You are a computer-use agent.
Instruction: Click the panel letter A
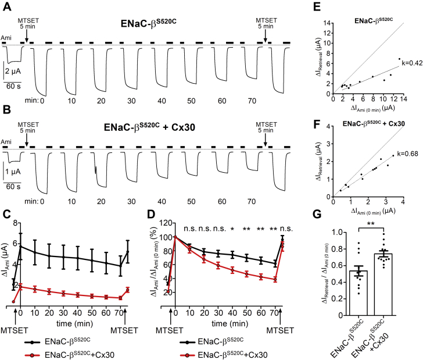pyautogui.click(x=6, y=7)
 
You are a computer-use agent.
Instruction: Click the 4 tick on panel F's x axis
pyautogui.click(x=403, y=201)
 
